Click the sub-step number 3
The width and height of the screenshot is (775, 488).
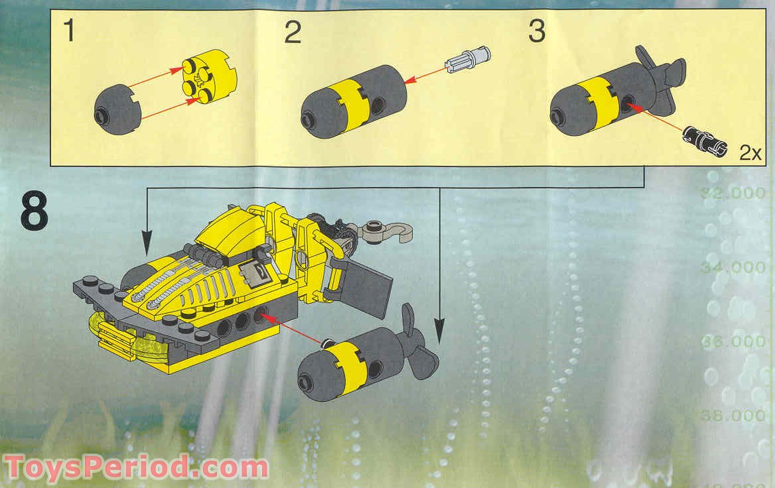pos(536,32)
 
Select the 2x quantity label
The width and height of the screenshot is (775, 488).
pos(750,153)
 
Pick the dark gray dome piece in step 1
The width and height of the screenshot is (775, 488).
pos(117,109)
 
